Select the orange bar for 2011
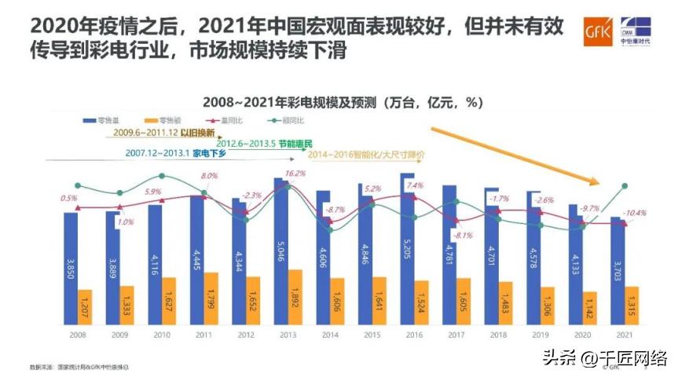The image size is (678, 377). (211, 298)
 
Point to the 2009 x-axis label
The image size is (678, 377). (119, 335)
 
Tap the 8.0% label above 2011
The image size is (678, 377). (209, 176)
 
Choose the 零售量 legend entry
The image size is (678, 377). (100, 120)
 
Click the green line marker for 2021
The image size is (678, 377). (625, 186)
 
